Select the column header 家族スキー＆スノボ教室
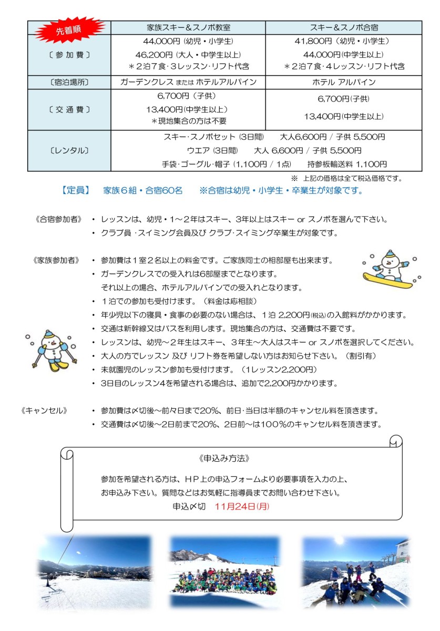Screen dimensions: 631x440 (188, 27)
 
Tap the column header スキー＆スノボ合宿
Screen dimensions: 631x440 (344, 27)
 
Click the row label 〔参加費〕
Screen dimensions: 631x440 (69, 55)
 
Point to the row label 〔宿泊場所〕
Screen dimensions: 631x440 (69, 82)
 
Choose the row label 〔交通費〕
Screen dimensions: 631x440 (69, 109)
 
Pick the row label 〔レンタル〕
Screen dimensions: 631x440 (69, 150)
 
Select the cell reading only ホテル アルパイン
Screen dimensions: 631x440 (344, 82)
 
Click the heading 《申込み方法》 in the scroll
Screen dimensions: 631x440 (224, 458)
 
